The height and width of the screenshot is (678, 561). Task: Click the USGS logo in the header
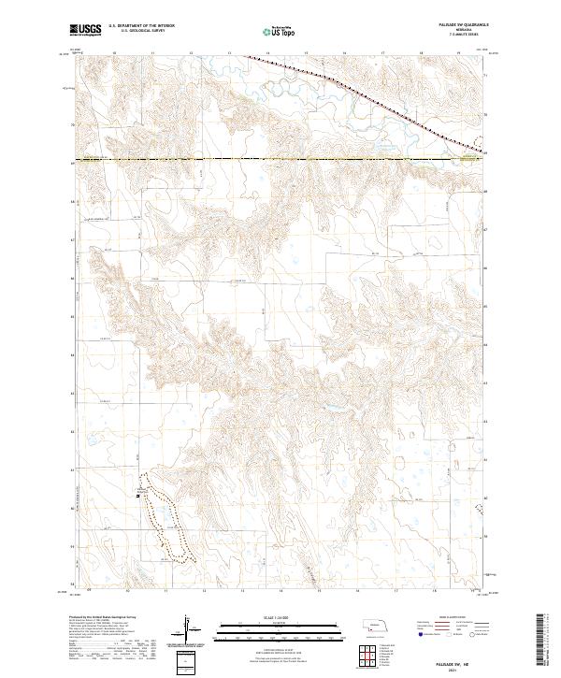tap(85, 30)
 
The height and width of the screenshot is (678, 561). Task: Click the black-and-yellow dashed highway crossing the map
tap(280, 159)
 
